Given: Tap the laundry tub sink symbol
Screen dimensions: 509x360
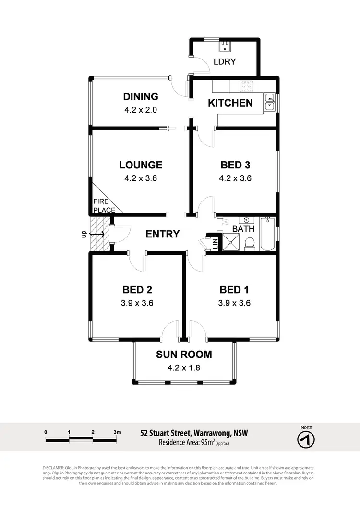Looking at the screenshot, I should [224, 47].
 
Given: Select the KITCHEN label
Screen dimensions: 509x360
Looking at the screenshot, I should [230, 103].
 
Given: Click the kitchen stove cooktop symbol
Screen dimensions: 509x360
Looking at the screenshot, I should [247, 86].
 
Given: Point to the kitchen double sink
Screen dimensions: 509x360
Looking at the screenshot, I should [269, 102].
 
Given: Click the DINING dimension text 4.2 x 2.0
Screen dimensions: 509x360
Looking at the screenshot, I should [141, 109].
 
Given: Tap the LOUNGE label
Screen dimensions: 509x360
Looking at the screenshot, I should [141, 165].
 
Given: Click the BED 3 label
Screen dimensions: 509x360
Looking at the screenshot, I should [235, 165].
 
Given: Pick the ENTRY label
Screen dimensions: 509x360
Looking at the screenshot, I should [163, 234].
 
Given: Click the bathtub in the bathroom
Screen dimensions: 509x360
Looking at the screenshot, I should [267, 235].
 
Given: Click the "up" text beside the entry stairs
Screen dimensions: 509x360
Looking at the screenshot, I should [83, 235].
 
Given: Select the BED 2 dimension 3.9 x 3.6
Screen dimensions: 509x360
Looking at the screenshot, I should [137, 303].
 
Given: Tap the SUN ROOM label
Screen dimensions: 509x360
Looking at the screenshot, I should [184, 355].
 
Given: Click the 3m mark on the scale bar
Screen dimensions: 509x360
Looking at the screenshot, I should [117, 432].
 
